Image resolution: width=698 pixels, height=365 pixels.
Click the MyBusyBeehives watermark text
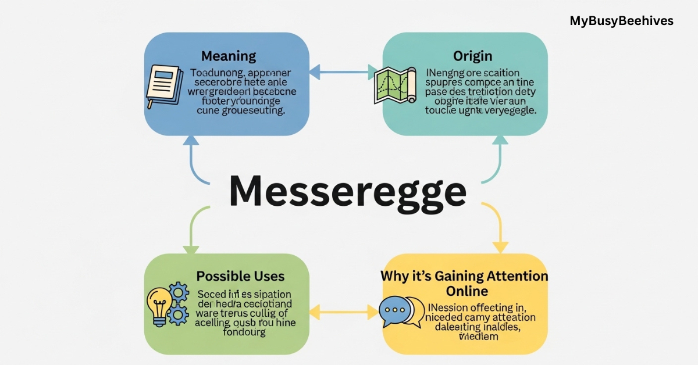click(621, 21)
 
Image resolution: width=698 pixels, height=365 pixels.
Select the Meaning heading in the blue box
click(229, 56)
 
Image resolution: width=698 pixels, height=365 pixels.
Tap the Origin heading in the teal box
click(472, 56)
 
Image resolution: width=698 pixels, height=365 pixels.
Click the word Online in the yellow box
click(467, 291)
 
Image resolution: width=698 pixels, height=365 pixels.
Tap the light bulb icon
click(160, 305)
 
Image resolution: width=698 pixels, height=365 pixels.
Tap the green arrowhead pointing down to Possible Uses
click(191, 249)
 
